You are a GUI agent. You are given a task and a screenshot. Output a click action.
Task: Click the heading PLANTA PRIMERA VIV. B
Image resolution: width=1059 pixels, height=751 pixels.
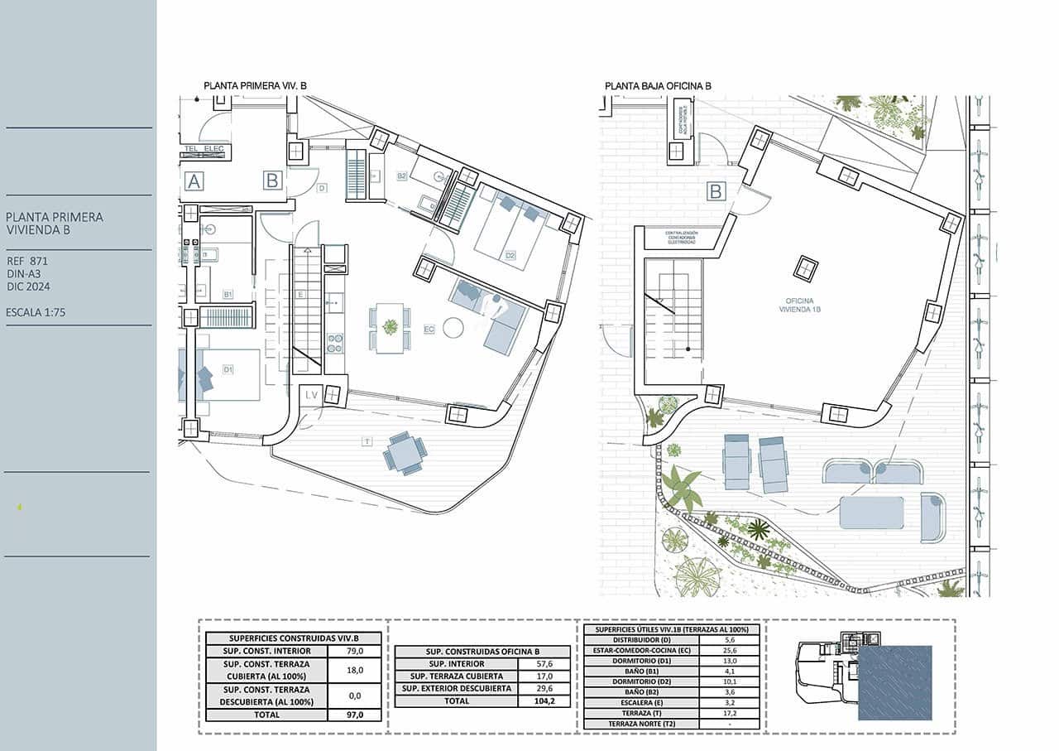256,85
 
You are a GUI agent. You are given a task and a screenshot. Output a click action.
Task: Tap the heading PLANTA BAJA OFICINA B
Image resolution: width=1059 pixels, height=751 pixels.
658,85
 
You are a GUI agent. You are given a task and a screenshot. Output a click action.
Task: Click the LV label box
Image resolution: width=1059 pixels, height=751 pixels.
311,396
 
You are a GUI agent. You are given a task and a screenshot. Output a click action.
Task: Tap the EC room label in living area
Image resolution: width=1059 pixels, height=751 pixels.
429,330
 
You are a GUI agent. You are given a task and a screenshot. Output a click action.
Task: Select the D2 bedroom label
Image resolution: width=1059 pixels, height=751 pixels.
510,255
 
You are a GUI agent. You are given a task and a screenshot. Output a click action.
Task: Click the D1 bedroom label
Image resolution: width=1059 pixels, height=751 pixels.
228,369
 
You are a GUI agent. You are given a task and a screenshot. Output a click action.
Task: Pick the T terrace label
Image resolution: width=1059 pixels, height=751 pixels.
367,442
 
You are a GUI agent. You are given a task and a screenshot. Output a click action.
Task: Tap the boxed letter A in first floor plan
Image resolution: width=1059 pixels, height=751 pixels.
194,181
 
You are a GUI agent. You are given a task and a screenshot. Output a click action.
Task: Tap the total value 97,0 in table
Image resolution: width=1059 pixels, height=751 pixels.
354,715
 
